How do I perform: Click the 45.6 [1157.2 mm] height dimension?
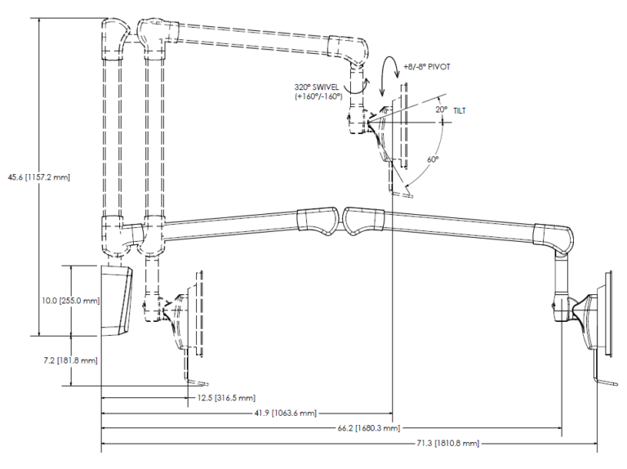40,176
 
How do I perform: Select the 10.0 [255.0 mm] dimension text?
71,300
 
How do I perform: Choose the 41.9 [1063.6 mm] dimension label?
285,413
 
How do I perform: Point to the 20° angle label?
441,109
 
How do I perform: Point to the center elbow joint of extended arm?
340,219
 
